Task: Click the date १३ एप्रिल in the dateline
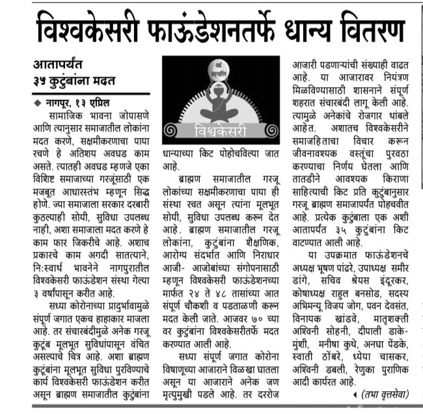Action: pos(104,102)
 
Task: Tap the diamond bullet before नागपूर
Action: pos(36,103)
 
